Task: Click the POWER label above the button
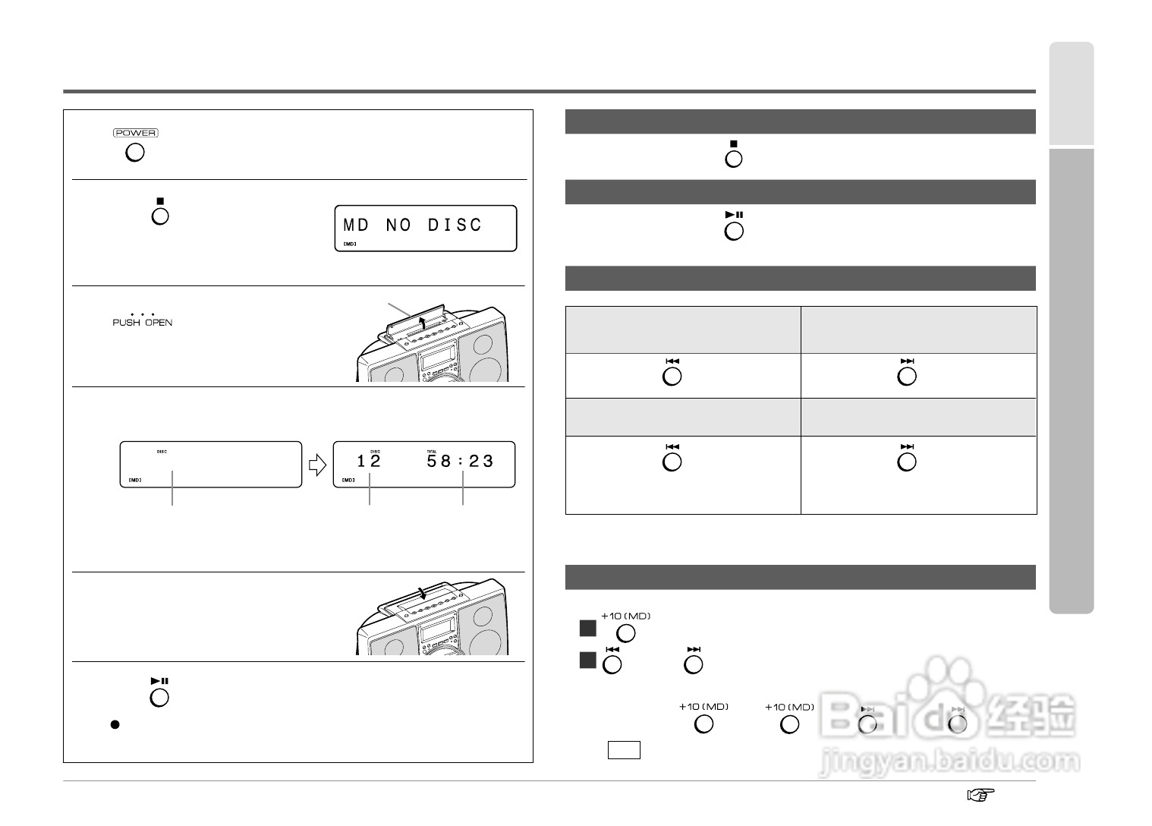(x=135, y=133)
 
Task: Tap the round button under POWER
(x=134, y=153)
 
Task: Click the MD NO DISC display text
(x=413, y=225)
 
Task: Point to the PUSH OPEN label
(x=142, y=322)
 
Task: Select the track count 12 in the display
(x=369, y=461)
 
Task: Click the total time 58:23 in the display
(x=460, y=461)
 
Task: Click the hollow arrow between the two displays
(x=317, y=464)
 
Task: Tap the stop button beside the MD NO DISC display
(x=159, y=216)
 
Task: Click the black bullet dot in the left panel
(x=115, y=724)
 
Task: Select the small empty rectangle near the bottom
(x=623, y=750)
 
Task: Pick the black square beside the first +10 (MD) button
(x=587, y=629)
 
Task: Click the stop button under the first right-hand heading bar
(x=733, y=159)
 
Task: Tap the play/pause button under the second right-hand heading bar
(x=733, y=231)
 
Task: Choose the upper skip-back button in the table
(x=672, y=377)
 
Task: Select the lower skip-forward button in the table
(x=906, y=462)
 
